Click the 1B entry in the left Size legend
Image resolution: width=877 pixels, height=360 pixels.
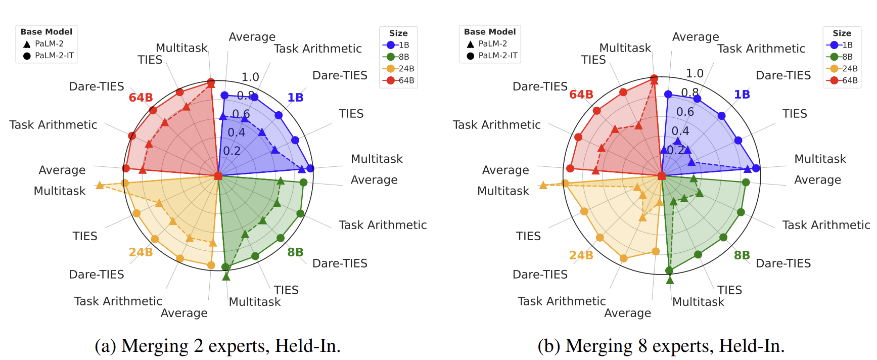pos(398,45)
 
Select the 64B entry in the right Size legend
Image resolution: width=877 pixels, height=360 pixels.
pos(842,80)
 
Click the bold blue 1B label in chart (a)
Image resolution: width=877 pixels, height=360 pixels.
pos(295,98)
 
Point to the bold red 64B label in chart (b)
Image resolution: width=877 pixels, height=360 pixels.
pos(581,95)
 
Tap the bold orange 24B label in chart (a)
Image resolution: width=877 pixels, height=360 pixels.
pos(141,252)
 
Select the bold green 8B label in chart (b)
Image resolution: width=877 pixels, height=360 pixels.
pos(742,255)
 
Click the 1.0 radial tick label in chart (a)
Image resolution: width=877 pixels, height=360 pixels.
pos(250,77)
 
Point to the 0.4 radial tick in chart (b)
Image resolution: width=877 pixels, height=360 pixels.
pos(680,131)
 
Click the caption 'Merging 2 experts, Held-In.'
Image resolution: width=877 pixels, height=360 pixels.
pos(218,346)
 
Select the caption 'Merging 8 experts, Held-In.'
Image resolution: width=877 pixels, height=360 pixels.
pos(661,346)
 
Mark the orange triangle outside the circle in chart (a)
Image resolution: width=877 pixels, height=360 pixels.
pos(100,186)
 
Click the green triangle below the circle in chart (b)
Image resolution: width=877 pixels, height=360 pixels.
pos(670,280)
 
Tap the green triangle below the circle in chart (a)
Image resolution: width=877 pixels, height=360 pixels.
pos(226,277)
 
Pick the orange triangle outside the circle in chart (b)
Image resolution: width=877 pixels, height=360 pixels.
pos(543,186)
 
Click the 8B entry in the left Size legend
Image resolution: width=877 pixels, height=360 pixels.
pos(398,57)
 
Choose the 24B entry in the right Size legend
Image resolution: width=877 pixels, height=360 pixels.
pos(842,68)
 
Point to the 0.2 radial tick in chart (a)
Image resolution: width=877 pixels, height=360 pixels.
pos(232,151)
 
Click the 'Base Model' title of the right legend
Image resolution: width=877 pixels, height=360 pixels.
pos(490,32)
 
